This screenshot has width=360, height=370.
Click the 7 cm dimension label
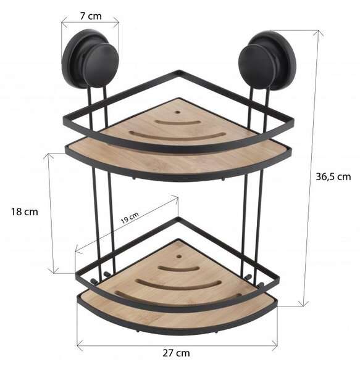[x=91, y=16]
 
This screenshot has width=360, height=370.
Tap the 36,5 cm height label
[x=333, y=176]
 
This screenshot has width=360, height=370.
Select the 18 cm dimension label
[x=25, y=212]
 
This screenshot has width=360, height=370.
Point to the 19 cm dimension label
[x=130, y=218]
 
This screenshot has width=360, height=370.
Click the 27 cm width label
[x=176, y=353]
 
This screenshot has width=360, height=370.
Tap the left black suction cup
[x=90, y=59]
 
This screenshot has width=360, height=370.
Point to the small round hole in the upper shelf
[x=177, y=112]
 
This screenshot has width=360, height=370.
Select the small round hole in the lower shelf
[x=179, y=256]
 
